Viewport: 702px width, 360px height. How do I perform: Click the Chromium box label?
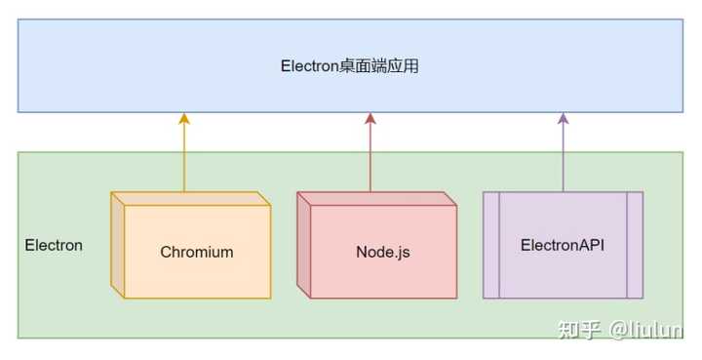point(196,252)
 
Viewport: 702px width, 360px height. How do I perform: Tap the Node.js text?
point(382,252)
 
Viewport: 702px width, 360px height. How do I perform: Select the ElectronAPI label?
point(563,245)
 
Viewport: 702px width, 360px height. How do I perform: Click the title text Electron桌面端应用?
point(350,67)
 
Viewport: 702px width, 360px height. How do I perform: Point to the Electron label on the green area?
point(54,245)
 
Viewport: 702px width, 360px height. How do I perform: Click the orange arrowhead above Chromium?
point(183,120)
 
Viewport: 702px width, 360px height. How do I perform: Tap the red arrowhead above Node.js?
point(370,120)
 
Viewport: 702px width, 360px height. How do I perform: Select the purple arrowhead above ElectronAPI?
point(563,120)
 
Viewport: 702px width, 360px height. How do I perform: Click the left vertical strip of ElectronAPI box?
point(491,245)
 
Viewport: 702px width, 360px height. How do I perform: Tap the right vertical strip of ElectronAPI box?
point(635,245)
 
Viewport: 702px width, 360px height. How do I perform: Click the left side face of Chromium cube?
point(118,245)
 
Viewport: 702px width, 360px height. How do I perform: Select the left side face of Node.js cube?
point(304,245)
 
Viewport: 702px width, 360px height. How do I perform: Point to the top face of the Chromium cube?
point(190,198)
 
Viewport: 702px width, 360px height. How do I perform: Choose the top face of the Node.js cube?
point(376,198)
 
